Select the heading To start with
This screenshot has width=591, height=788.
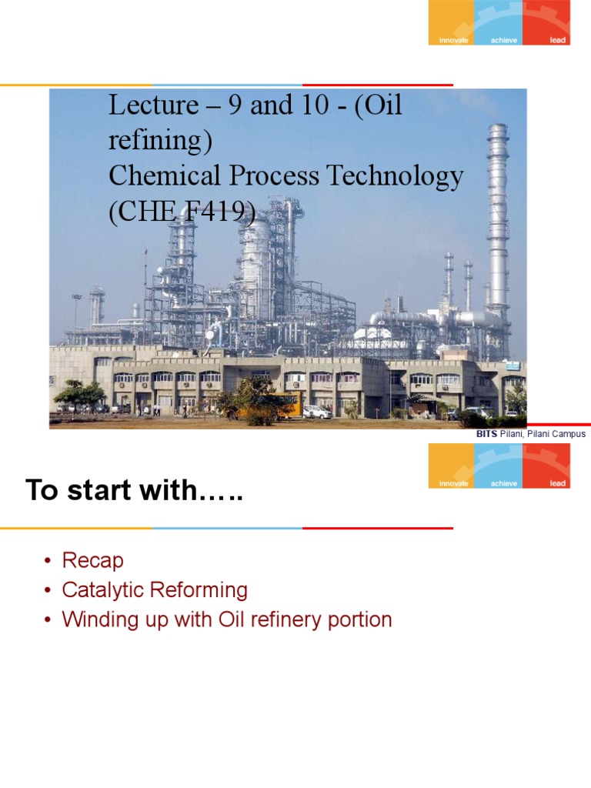134,490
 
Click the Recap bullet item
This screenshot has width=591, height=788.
92,561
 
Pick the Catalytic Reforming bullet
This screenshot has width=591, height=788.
155,590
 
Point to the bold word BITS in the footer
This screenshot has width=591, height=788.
487,434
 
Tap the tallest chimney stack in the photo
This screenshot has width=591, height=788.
498,223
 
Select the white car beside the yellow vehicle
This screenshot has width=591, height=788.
317,412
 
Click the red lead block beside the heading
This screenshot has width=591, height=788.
546,466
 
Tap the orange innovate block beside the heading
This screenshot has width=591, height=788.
452,466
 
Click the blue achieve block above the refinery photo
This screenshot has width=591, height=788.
499,22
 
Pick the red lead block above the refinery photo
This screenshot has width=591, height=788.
546,22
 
